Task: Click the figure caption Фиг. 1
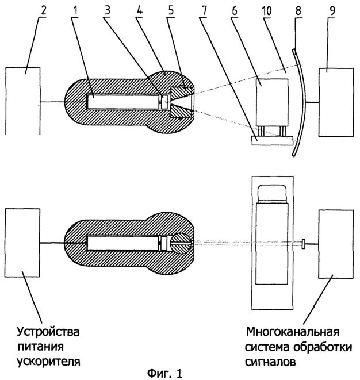tap(167, 372)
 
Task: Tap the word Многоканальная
tap(292, 333)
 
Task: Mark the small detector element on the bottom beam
tap(302, 244)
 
